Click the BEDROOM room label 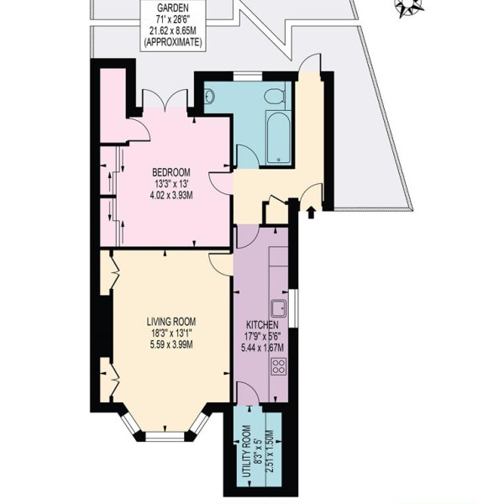pyautogui.click(x=171, y=172)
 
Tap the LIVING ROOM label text pyautogui.click(x=171, y=322)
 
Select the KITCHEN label pyautogui.click(x=262, y=325)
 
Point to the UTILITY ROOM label pyautogui.click(x=246, y=451)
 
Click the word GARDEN pyautogui.click(x=172, y=8)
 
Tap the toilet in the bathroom pyautogui.click(x=276, y=96)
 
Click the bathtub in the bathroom pyautogui.click(x=278, y=138)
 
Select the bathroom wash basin pyautogui.click(x=209, y=96)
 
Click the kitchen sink pyautogui.click(x=279, y=308)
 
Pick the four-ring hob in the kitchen pyautogui.click(x=279, y=366)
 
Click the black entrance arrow pyautogui.click(x=311, y=213)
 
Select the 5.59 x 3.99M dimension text pyautogui.click(x=171, y=345)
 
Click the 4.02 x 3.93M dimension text pyautogui.click(x=171, y=195)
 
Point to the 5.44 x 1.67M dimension pyautogui.click(x=262, y=348)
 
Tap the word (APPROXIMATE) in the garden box pyautogui.click(x=172, y=43)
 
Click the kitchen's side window pyautogui.click(x=293, y=308)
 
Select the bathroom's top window pyautogui.click(x=248, y=76)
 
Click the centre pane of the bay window pyautogui.click(x=165, y=436)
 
